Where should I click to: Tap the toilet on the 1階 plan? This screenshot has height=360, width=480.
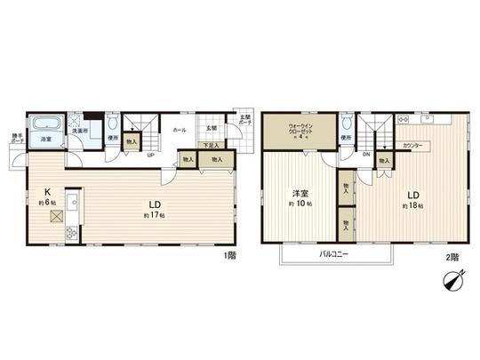[x=112, y=124]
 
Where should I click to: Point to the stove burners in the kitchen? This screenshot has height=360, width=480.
[x=72, y=233]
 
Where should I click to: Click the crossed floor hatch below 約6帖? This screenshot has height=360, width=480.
[x=55, y=215]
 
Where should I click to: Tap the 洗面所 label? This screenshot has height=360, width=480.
[x=80, y=131]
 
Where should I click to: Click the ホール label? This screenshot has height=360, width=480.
[x=179, y=130]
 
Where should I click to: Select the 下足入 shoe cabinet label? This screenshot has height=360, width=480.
[x=210, y=145]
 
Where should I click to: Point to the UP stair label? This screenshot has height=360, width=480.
[x=151, y=156]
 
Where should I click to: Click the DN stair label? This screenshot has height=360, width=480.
[x=366, y=154]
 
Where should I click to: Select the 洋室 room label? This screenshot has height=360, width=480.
[x=302, y=194]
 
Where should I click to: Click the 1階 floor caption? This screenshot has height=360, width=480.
[x=229, y=255]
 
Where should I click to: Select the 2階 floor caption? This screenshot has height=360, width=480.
[x=452, y=256]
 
